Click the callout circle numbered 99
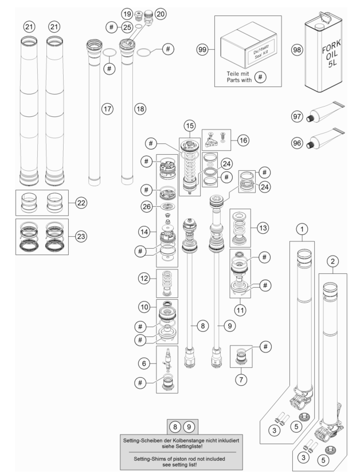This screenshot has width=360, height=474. coord(202,49)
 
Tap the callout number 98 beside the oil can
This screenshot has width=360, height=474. coord(297,49)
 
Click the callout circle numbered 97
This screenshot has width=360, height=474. coord(297,116)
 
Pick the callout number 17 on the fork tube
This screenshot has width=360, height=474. coord(107,109)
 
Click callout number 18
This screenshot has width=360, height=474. coord(140,109)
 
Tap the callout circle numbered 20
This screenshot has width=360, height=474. coord(161,14)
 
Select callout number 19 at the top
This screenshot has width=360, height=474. coord(127,14)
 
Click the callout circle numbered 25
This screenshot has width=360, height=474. coord(127,27)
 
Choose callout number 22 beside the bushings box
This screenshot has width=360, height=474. coord(81,203)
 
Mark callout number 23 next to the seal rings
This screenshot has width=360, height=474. coord(81,236)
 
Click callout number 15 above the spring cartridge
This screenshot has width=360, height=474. coord(190,126)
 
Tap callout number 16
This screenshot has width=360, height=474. coord(243,140)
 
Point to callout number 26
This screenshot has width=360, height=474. coord(147,207)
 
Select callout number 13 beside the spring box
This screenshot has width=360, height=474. coord(263,228)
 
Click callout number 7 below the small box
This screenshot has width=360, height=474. coord(241,379)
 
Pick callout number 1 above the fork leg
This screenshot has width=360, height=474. coord(302,229)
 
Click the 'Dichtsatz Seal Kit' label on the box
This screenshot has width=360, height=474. coord(261,52)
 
